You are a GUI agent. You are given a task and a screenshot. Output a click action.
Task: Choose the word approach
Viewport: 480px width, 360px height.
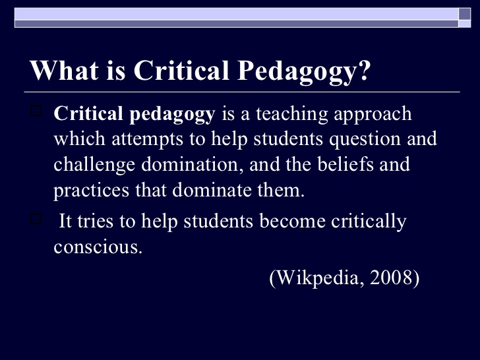pos(376,115)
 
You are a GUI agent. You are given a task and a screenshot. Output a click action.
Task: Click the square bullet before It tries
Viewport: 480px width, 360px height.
pos(36,218)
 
